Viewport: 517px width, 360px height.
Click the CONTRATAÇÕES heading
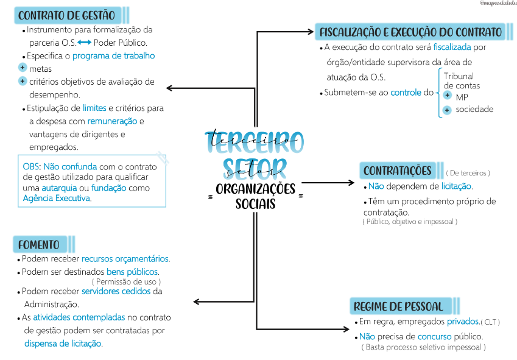point(397,171)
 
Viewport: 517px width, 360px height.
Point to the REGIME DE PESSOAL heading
point(398,306)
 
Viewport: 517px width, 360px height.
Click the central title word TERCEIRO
point(255,142)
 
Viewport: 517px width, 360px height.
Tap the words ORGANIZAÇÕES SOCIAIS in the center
point(255,196)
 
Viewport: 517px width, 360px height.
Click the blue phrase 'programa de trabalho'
point(114,56)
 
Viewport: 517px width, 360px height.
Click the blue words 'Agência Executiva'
point(57,198)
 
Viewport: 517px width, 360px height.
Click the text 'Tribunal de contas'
point(461,81)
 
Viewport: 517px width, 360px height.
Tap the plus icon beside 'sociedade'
point(447,110)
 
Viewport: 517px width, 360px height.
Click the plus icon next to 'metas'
point(23,68)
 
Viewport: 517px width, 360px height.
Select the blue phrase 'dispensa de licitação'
point(63,344)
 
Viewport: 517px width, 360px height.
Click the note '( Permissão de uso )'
point(127,282)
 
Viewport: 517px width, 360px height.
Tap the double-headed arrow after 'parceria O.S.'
point(85,43)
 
